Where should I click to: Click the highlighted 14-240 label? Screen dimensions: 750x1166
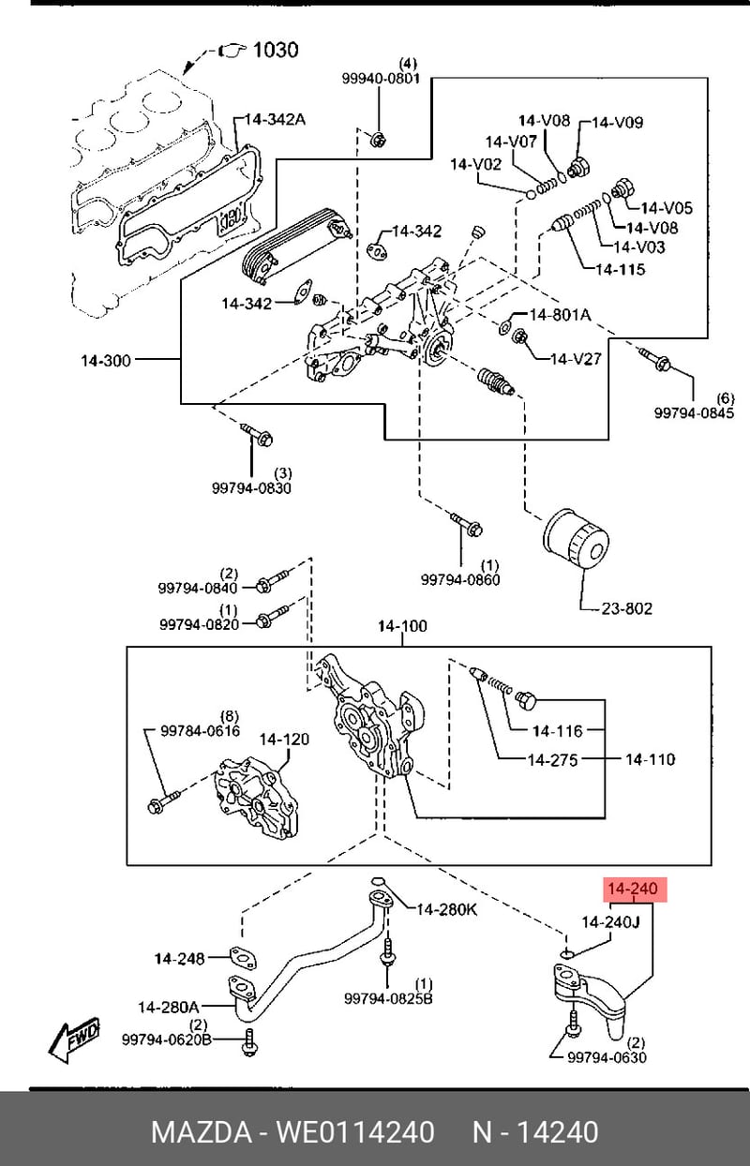635,889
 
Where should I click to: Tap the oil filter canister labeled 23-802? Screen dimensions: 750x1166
576,541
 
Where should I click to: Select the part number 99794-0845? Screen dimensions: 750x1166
694,412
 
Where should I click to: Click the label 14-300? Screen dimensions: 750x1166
106,360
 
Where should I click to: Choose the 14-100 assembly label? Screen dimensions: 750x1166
402,626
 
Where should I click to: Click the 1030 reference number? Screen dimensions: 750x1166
276,50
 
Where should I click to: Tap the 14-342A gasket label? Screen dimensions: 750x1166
275,119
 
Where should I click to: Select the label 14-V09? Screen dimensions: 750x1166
617,123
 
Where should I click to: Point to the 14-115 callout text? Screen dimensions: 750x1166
621,269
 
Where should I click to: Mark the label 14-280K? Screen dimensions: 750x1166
446,910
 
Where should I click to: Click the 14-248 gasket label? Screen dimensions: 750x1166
180,958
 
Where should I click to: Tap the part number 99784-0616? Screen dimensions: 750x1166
201,731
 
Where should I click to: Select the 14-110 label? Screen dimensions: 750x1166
650,759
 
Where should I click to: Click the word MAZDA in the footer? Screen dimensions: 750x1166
200,1132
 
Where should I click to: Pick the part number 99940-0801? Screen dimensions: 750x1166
381,79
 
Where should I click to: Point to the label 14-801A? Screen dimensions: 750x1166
560,314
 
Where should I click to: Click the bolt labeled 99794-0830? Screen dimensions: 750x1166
258,435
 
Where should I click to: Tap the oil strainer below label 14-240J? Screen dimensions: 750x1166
588,998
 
